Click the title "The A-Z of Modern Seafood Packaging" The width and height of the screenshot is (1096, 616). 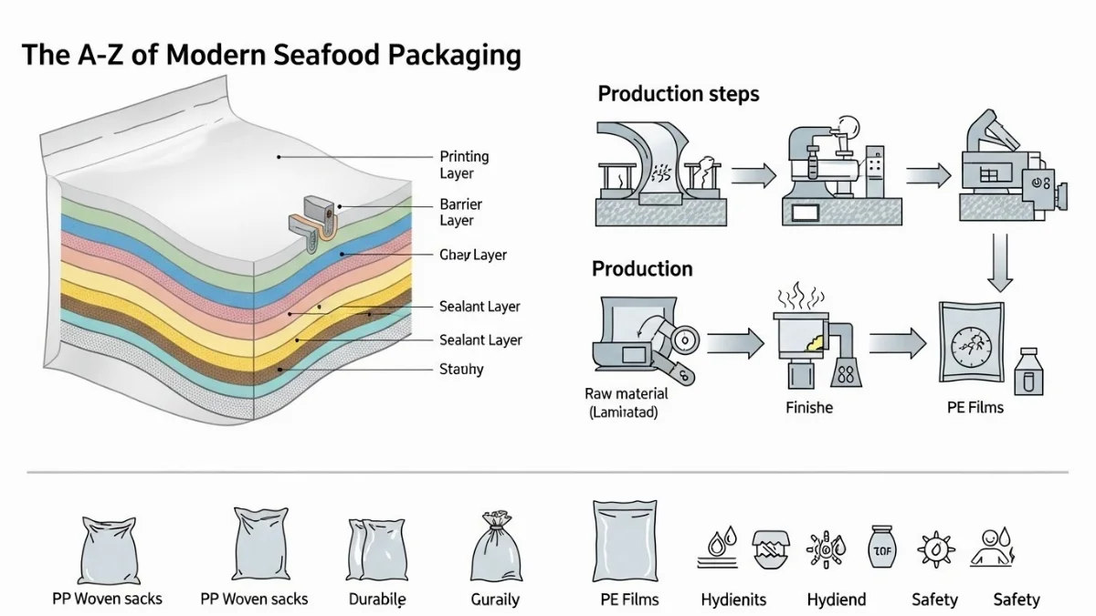pos(271,55)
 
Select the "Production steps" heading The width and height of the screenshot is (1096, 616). pos(678,94)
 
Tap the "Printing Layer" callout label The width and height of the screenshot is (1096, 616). pos(464,165)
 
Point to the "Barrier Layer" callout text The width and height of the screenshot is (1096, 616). pos(460,212)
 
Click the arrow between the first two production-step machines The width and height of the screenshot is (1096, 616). pos(753,174)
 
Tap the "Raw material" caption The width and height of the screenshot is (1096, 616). pos(626,402)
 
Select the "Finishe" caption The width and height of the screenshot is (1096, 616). pos(809,407)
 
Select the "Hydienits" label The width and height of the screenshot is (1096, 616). pos(733,600)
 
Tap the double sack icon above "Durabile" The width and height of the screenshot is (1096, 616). pos(375,549)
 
